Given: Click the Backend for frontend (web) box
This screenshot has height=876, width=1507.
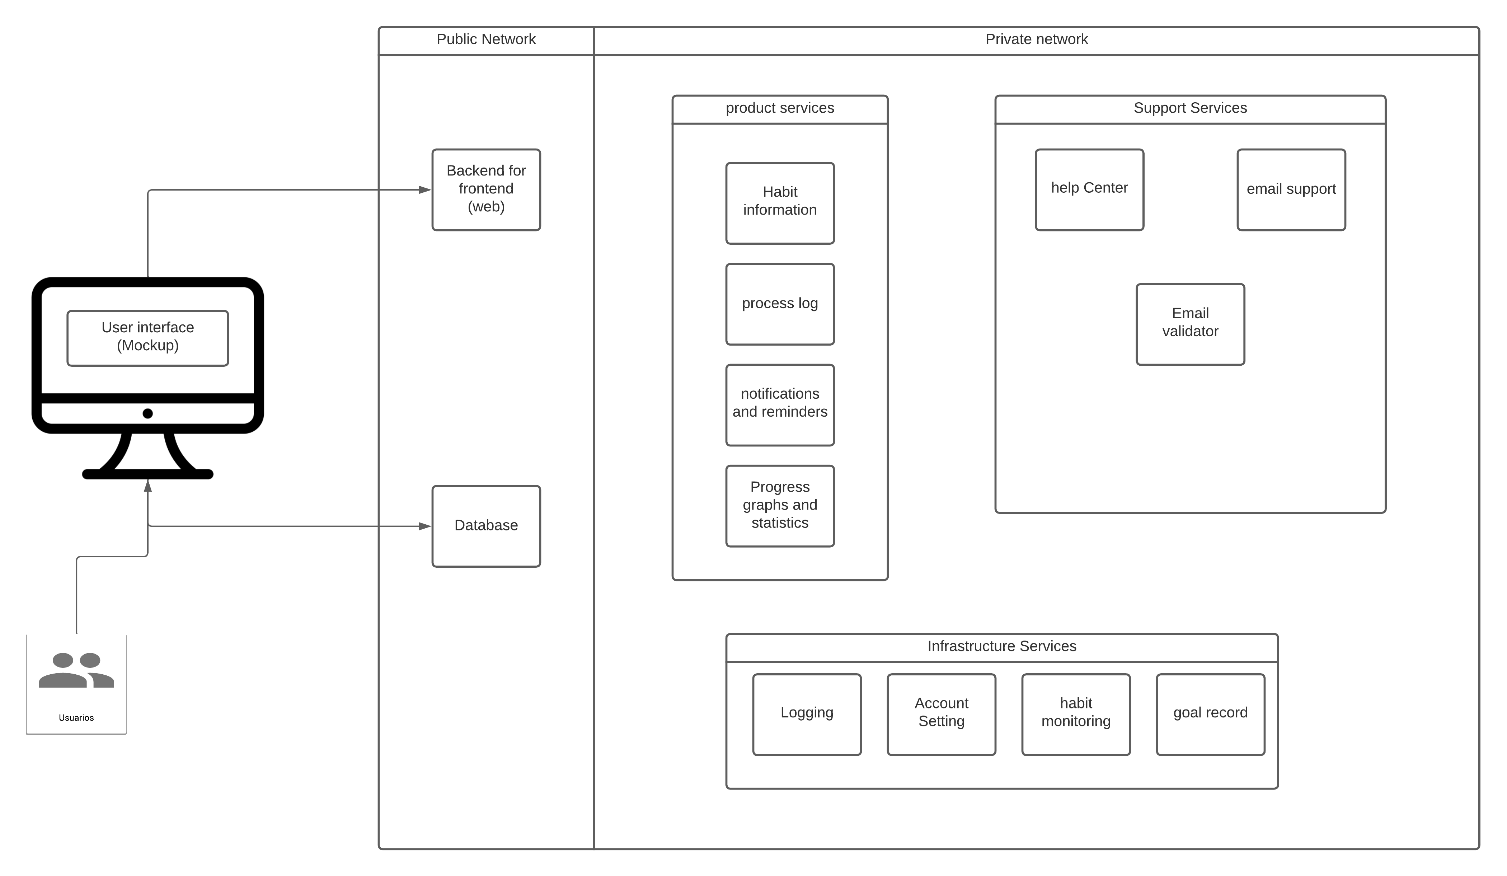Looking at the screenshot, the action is (x=486, y=189).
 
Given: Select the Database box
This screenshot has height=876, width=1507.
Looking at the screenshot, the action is (x=486, y=526).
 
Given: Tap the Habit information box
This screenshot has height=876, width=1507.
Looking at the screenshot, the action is (x=780, y=203).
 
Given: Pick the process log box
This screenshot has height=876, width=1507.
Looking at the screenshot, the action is (x=780, y=304).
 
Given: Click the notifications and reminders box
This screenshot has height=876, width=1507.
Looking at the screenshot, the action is (x=780, y=406).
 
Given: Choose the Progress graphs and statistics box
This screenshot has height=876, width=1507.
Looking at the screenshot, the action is (x=780, y=506).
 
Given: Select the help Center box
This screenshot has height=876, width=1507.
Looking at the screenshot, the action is (x=1090, y=189).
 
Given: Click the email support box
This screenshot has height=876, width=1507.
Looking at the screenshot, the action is (x=1291, y=189).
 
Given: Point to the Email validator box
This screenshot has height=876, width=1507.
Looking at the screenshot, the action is (x=1190, y=324).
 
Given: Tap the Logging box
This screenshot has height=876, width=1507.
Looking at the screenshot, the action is (x=807, y=715).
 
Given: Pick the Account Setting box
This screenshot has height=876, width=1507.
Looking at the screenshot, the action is (x=941, y=715).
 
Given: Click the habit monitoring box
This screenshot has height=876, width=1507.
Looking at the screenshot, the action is (x=1076, y=715).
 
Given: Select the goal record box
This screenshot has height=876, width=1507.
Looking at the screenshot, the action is (x=1210, y=715).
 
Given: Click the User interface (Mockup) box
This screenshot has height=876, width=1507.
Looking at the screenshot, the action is (x=148, y=338).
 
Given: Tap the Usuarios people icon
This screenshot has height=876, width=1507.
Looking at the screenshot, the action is (x=76, y=670).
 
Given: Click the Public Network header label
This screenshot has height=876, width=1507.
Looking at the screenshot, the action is (x=486, y=39).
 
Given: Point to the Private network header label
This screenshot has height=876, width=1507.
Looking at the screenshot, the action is (x=1036, y=39).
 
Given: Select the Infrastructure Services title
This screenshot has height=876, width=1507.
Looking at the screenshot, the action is (x=1002, y=646).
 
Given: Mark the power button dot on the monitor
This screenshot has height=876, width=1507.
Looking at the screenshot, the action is (x=148, y=413).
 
